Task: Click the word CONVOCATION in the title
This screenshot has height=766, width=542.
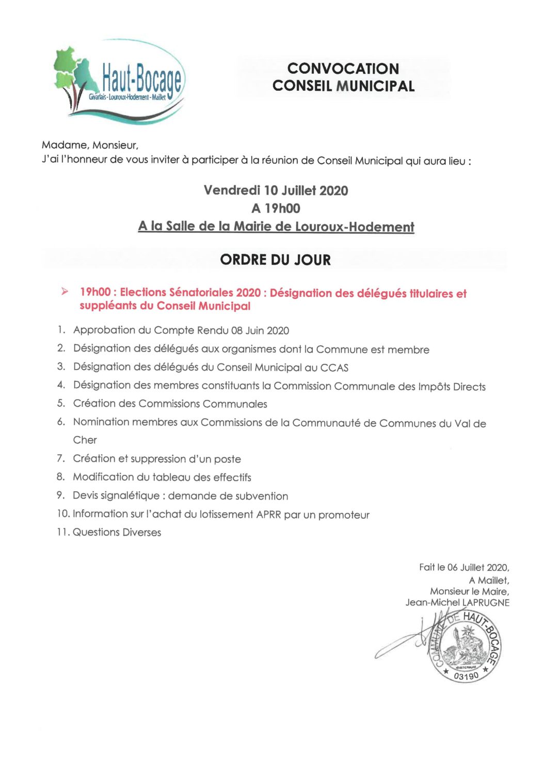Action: [x=343, y=69]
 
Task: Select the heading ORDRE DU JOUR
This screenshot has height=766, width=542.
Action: [x=275, y=260]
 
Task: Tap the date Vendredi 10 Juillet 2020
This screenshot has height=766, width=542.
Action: [x=276, y=190]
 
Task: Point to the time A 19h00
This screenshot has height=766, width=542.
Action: [x=276, y=209]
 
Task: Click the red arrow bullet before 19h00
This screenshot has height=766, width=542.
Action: [x=65, y=292]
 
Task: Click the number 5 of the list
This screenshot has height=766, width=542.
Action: [x=61, y=403]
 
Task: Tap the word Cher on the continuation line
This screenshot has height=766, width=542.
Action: [x=85, y=440]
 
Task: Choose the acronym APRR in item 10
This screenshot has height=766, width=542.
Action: [x=268, y=515]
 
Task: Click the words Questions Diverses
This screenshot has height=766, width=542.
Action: [x=117, y=533]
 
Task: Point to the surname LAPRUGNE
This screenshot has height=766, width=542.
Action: [x=486, y=603]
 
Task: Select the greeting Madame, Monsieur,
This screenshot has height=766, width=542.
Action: [x=90, y=146]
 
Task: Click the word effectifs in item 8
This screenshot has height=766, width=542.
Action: [x=232, y=477]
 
